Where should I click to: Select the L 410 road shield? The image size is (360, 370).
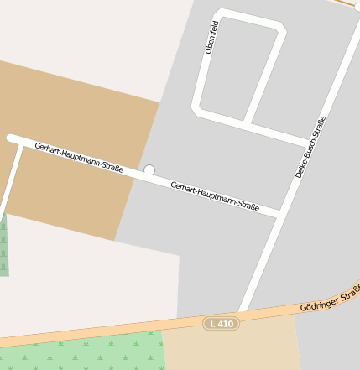coord(222,323)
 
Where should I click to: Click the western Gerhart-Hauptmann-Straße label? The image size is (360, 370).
coord(79,158)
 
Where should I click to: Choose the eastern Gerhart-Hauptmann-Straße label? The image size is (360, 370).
coord(214,195)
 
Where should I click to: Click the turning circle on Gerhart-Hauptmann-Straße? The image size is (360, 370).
coord(149,170)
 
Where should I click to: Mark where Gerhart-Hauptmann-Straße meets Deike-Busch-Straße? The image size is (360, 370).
coord(279,215)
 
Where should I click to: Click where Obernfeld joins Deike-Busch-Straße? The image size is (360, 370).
coord(309,143)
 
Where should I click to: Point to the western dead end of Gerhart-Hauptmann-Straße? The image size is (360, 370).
coord(11,137)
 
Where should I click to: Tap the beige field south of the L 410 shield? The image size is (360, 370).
coord(231,349)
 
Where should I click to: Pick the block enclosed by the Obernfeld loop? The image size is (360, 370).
coord(239,71)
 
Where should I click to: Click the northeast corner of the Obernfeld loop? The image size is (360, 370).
coord(282,30)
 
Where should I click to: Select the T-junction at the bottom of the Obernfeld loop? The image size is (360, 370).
coord(247,123)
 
